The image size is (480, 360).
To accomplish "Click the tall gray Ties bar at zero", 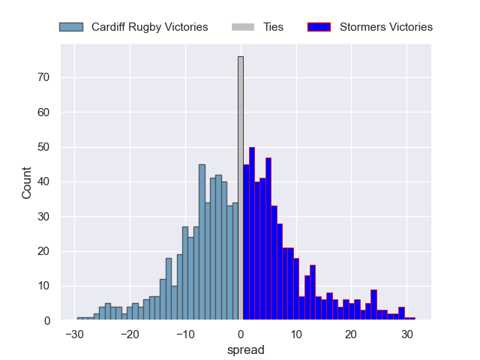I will pos(241,187).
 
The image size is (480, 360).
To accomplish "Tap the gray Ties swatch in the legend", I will pos(243,27).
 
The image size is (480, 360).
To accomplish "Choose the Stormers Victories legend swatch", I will pos(319,27).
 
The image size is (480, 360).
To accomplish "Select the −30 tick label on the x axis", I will pos(74,334).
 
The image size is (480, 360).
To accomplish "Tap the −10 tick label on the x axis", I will pos(185,334).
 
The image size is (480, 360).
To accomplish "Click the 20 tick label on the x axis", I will pos(352,334).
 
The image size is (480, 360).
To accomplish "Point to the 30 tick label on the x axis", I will pos(407,334).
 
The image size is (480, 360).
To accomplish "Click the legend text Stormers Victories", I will pos(385,27).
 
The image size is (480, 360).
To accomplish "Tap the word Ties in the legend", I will pos(273,27).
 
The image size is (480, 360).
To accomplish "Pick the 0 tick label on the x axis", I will pos(241,334).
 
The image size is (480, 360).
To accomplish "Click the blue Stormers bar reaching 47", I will pos(268,239).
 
